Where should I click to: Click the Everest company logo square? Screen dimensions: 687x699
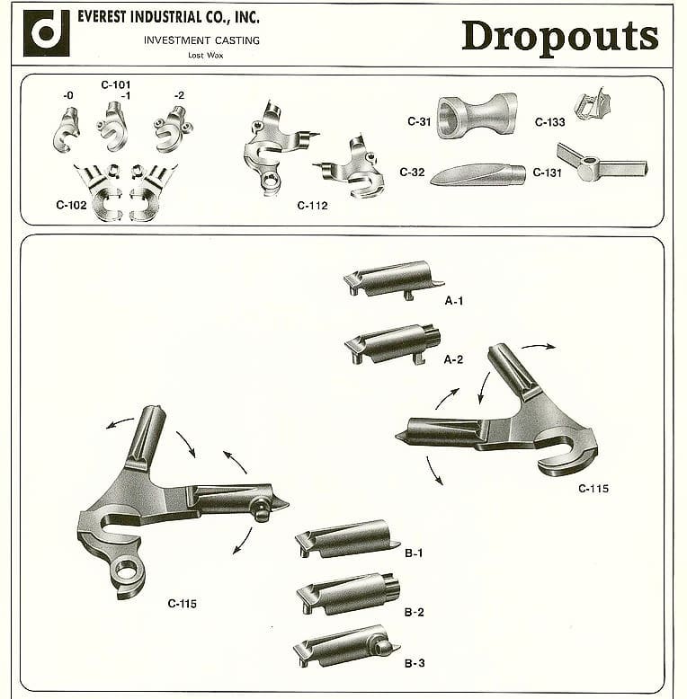pos(47,33)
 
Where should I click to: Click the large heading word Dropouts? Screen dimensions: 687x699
pos(560,37)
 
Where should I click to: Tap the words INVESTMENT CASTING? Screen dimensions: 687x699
pos(201,40)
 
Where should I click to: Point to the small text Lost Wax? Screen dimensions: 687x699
pos(206,56)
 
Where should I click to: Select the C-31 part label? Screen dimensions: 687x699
pos(419,121)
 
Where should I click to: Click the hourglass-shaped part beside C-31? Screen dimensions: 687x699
pos(477,116)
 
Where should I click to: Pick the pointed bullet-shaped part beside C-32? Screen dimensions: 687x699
pos(478,174)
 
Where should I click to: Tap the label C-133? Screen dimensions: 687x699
pos(550,122)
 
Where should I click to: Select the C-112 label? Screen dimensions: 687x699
pos(312,206)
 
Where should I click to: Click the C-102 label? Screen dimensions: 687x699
pos(71,205)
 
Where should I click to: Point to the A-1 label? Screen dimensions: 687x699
pos(454,301)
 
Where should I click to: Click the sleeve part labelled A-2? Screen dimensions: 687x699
pos(393,344)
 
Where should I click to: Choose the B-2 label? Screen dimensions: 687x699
pos(414,612)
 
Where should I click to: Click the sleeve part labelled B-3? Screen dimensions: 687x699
pos(346,646)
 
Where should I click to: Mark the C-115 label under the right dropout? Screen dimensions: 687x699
pos(593,489)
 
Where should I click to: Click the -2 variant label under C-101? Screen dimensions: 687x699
pos(179,95)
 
